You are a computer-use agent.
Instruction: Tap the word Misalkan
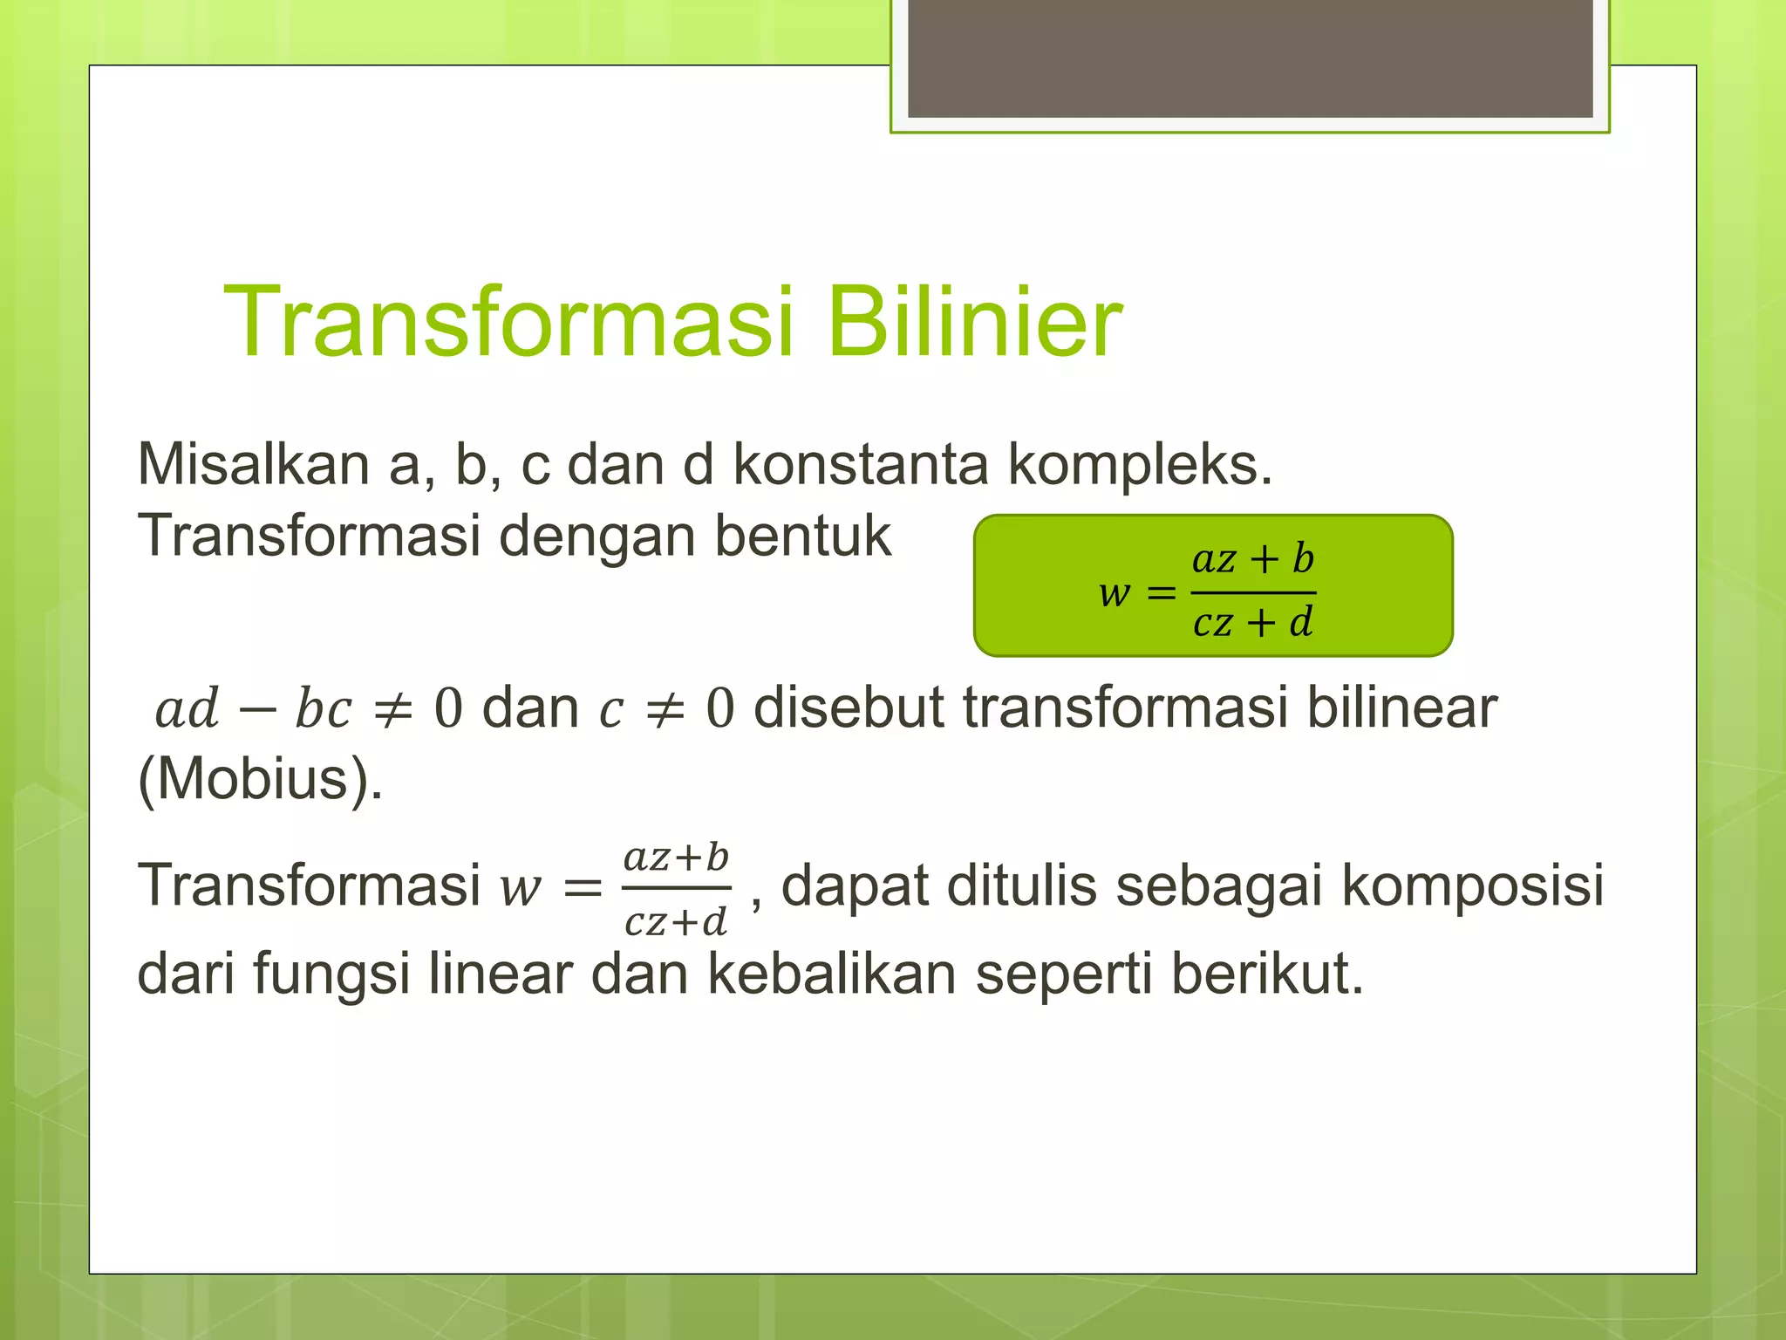click(253, 464)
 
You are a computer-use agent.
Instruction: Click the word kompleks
click(1140, 466)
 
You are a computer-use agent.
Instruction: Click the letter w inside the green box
click(1115, 593)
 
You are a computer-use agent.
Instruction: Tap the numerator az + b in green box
click(1252, 559)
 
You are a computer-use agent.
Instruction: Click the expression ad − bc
click(253, 708)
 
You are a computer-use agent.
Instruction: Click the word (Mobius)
click(260, 778)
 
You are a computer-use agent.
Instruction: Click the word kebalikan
click(831, 974)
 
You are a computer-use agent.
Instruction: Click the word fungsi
click(331, 975)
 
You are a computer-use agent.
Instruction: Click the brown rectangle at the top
click(1250, 59)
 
